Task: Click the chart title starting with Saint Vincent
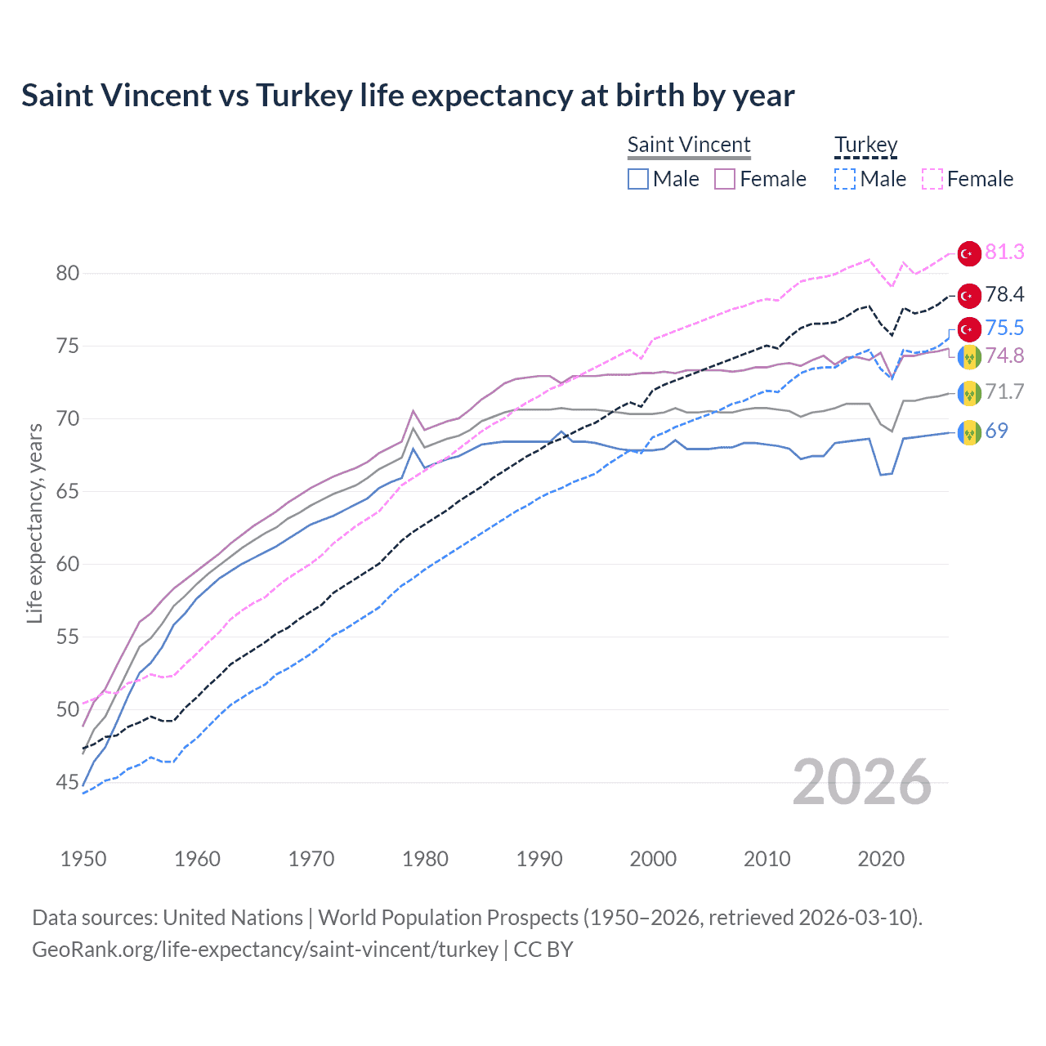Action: point(408,96)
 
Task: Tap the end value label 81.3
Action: point(1004,253)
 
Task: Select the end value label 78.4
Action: point(1004,294)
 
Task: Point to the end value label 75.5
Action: point(1004,328)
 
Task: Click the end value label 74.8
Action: point(1004,355)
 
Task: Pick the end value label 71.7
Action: point(1004,391)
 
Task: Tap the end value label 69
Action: point(996,431)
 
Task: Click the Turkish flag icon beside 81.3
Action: point(969,253)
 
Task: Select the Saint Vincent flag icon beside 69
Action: point(969,431)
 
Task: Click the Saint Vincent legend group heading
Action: point(689,145)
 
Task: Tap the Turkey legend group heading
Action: point(865,145)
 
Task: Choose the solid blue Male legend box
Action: point(638,179)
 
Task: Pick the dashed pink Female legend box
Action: point(932,179)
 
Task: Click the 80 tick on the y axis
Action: point(68,273)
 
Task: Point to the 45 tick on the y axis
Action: point(68,782)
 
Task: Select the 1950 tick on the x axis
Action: point(83,859)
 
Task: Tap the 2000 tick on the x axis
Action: point(653,859)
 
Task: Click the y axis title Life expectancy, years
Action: point(34,523)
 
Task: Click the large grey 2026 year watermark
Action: point(862,782)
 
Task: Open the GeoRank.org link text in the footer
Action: point(265,950)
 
